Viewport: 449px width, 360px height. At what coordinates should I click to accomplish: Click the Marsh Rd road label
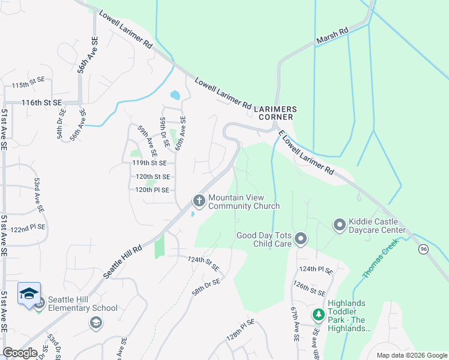(332, 37)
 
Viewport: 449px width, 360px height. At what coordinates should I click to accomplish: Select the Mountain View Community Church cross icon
(199, 200)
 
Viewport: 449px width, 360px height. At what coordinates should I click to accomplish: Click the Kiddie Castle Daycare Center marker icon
(339, 225)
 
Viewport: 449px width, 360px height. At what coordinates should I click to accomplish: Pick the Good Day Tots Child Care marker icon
(301, 240)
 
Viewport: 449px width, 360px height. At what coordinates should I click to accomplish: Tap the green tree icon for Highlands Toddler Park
(318, 314)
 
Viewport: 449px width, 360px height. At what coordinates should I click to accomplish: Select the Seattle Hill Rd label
(122, 260)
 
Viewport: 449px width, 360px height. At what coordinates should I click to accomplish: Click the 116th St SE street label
(42, 103)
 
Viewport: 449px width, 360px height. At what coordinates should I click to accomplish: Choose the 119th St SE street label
(154, 163)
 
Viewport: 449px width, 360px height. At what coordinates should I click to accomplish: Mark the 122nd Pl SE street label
(28, 229)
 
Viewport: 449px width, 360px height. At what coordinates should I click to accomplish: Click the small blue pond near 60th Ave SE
(175, 95)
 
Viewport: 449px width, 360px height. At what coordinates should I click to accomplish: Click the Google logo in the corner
(20, 352)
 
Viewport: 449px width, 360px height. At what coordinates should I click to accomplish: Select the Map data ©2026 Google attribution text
(411, 355)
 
